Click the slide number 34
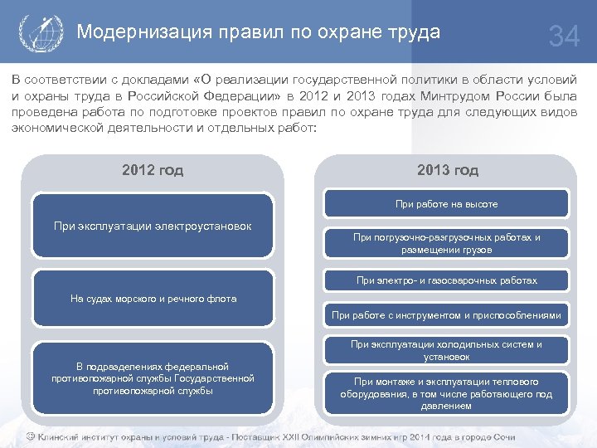point(565,37)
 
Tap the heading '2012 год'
point(153,170)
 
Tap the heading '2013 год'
point(447,170)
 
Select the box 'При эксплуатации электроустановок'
point(153,226)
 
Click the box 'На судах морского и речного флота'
point(153,299)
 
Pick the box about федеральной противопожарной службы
point(153,378)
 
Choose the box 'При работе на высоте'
point(447,203)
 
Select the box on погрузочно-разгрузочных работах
point(447,243)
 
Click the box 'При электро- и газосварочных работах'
point(447,280)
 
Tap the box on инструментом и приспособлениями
point(447,315)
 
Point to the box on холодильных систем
point(447,350)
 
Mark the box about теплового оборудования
point(447,393)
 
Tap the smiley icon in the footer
point(30,436)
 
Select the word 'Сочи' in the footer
point(503,436)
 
